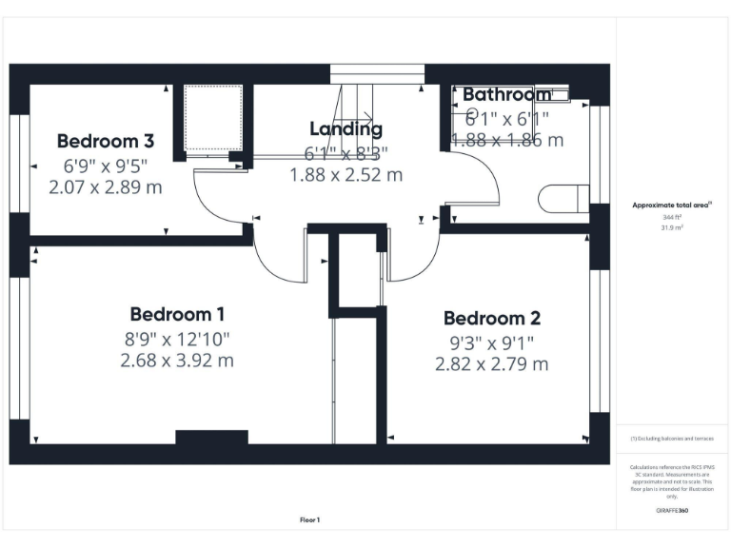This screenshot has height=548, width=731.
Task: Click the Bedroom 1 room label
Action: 177,314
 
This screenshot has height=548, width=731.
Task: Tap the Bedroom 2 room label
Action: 491,319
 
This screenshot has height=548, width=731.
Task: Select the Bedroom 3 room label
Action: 106,142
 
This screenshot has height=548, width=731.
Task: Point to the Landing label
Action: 346,129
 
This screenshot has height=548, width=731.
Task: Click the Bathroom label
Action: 506,95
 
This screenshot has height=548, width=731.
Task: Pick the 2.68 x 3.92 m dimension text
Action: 177,361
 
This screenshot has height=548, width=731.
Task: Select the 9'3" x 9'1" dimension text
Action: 491,342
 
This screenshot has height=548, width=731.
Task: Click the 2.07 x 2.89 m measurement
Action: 106,187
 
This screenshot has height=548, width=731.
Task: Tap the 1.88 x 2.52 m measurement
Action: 346,175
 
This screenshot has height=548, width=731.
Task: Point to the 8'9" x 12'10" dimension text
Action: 177,338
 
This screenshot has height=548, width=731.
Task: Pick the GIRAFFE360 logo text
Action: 672,511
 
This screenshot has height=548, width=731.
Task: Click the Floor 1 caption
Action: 309,519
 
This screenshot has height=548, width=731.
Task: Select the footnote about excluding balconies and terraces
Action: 672,439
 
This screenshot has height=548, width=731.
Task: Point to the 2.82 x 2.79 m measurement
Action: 491,364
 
